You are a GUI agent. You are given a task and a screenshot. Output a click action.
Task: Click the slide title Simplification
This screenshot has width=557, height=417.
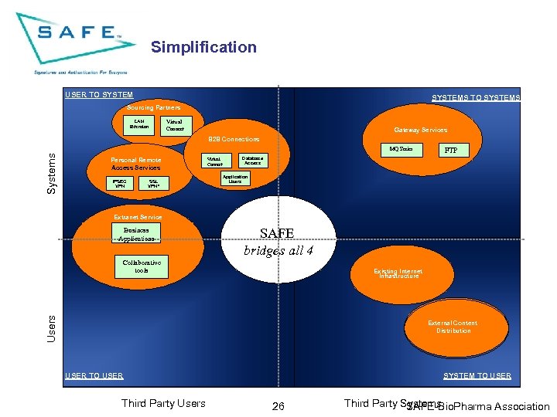click(203, 47)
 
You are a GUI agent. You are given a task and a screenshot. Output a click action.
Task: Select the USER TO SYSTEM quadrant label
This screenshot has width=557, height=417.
click(99, 95)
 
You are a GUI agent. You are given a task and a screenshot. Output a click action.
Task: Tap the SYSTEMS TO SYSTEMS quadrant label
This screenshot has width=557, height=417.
click(476, 98)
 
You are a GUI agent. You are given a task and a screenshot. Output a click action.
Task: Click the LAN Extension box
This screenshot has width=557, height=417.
click(139, 124)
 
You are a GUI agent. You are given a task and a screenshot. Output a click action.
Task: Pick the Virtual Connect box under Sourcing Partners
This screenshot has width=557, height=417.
click(175, 124)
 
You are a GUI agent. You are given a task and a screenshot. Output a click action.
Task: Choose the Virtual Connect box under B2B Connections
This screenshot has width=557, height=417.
click(214, 161)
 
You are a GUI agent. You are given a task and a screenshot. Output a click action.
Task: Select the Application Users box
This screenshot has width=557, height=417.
click(235, 179)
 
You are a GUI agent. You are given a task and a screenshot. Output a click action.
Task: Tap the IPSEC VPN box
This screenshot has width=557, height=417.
click(120, 184)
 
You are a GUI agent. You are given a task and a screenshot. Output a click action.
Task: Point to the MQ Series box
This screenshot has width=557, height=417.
click(401, 148)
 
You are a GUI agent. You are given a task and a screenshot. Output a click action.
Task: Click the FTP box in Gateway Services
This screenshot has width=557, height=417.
click(451, 151)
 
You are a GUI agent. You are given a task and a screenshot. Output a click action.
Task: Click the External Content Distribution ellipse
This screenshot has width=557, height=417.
click(453, 327)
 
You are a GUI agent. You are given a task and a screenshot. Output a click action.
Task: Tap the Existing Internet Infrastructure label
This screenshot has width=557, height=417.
click(398, 273)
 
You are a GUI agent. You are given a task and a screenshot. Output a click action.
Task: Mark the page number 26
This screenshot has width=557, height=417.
click(278, 406)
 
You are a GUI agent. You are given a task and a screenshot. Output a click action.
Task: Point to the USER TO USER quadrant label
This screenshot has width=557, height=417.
click(94, 376)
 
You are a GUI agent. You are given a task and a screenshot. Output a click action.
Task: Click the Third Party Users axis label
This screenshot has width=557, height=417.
click(163, 403)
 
